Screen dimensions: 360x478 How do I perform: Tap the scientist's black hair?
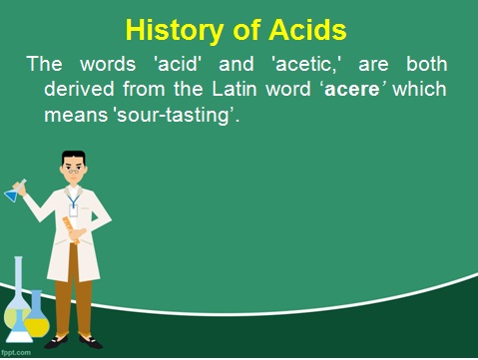[x=75, y=158]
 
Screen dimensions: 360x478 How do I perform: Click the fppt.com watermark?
[x=16, y=352]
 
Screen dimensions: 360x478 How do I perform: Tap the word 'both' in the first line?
[x=427, y=64]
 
